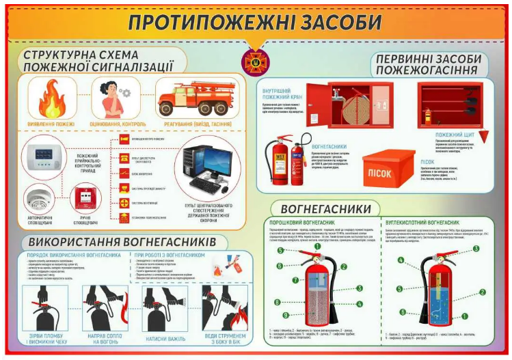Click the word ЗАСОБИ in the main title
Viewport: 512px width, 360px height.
pos(329,21)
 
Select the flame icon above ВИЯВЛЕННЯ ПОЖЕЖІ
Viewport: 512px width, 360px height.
pos(51,100)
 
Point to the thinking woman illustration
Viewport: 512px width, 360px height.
pos(109,99)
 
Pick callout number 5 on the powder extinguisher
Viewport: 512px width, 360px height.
pos(280,251)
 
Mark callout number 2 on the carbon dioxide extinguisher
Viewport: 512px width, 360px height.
pos(482,292)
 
